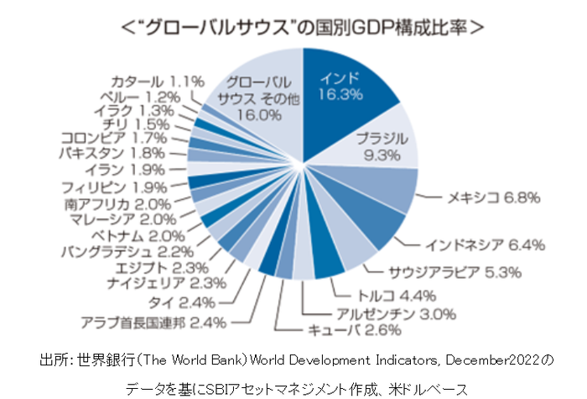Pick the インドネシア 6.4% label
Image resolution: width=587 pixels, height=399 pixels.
(x=486, y=245)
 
